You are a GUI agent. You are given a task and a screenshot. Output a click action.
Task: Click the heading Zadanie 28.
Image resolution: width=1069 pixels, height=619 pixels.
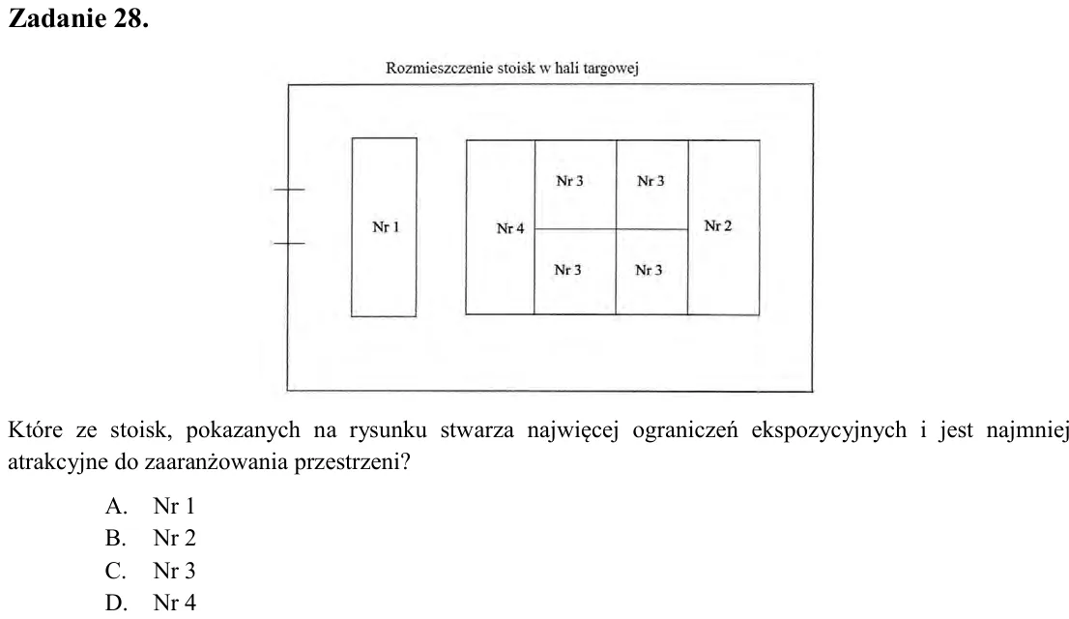pos(78,18)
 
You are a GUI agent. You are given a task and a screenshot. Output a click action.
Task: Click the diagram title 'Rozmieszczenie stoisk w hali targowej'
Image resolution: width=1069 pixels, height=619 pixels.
pos(512,69)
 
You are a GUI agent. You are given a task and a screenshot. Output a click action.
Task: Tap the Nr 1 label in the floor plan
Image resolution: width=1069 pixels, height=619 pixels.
pos(386,227)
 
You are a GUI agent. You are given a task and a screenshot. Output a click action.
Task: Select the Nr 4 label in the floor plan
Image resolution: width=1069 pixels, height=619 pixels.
pos(510,228)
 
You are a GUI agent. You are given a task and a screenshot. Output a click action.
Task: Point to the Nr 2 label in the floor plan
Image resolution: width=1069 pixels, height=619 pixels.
pos(718,226)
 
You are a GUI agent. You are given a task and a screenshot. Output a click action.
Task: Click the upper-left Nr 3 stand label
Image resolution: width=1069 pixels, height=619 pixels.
pos(569,181)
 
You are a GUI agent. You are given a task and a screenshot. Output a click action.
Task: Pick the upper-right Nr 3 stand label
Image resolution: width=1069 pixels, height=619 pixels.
pos(650,181)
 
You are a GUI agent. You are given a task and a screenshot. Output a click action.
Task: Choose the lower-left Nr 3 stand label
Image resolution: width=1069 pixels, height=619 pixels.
pos(568,270)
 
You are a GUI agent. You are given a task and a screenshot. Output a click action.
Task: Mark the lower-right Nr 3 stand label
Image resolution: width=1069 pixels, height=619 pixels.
pos(649,270)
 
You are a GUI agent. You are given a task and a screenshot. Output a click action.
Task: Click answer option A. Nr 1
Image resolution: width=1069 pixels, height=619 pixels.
pos(150,506)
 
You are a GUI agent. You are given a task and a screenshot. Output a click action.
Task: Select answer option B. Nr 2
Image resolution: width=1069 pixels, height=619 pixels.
pos(150,538)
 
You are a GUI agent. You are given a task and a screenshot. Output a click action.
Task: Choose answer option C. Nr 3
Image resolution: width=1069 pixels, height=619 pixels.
pos(150,571)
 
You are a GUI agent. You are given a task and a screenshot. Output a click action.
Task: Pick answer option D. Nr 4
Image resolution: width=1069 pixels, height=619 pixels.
pos(150,603)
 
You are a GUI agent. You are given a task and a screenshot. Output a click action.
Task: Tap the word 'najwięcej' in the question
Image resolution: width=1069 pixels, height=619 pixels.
pos(572,431)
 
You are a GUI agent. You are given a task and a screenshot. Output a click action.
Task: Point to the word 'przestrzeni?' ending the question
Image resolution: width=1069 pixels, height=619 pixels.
pos(353,462)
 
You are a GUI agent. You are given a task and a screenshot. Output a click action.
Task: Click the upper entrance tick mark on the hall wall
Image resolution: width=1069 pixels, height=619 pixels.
pos(289,189)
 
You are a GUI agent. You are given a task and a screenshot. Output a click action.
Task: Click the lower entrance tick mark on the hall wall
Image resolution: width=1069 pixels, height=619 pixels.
pos(289,243)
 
